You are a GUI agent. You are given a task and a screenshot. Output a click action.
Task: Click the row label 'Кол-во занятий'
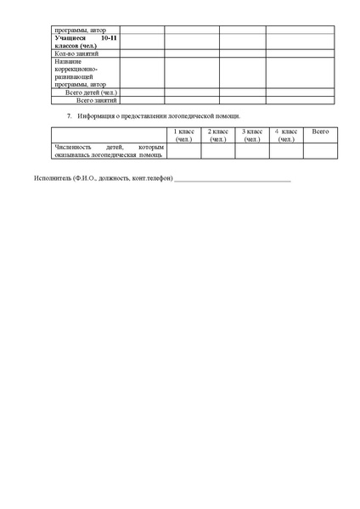click(76, 53)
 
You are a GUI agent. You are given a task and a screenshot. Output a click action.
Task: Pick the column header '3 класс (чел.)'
click(252, 135)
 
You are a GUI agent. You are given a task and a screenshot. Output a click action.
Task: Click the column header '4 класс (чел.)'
click(286, 135)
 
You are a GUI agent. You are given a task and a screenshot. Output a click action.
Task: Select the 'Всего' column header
click(320, 131)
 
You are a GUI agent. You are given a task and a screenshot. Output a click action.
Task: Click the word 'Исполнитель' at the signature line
click(53, 179)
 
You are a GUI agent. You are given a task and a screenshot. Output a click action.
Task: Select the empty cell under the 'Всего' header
click(320, 150)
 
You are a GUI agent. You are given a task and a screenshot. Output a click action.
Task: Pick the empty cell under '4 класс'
click(286, 150)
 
